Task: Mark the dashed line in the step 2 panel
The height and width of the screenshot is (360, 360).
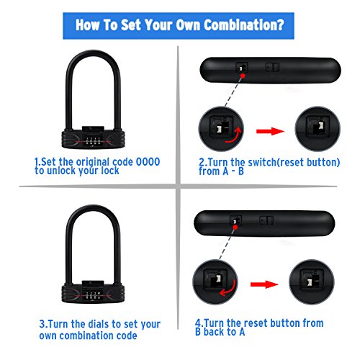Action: [x=225, y=90]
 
